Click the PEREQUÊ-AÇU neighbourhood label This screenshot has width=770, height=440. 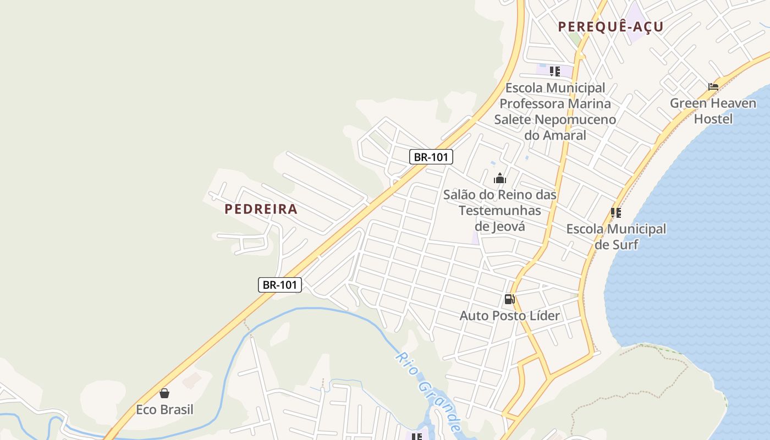pyautogui.click(x=610, y=26)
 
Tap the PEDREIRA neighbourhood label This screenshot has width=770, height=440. pyautogui.click(x=261, y=209)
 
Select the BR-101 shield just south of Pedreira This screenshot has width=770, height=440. pyautogui.click(x=280, y=284)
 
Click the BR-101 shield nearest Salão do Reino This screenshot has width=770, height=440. pyautogui.click(x=431, y=157)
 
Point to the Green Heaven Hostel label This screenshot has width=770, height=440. pyautogui.click(x=713, y=111)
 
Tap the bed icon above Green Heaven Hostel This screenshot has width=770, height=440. pyautogui.click(x=713, y=86)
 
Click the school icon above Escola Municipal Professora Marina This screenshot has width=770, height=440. pyautogui.click(x=555, y=71)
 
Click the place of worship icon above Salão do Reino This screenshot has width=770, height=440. pyautogui.click(x=500, y=178)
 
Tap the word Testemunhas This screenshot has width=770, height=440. pyautogui.click(x=500, y=211)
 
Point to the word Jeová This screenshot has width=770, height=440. pyautogui.click(x=511, y=226)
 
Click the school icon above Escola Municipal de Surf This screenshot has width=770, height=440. pyautogui.click(x=616, y=212)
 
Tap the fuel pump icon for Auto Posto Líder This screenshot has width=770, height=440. pyautogui.click(x=510, y=299)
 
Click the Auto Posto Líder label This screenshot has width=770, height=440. pyautogui.click(x=510, y=316)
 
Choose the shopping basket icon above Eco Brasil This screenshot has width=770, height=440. pyautogui.click(x=164, y=393)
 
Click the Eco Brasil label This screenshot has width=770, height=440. pyautogui.click(x=164, y=410)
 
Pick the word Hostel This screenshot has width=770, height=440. pyautogui.click(x=713, y=119)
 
